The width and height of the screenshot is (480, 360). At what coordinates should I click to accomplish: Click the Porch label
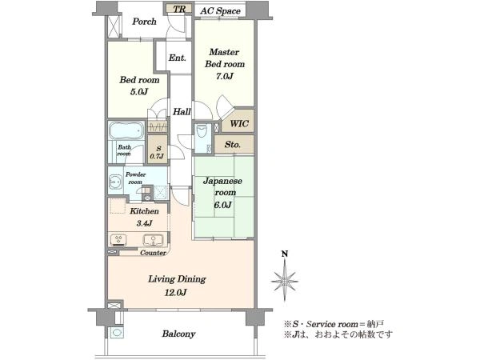pos(144,22)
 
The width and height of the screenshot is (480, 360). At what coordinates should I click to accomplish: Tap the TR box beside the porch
pos(179,8)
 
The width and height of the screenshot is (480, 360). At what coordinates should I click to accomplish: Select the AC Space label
pos(220,11)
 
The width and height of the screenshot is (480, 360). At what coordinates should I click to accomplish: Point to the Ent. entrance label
pos(178,58)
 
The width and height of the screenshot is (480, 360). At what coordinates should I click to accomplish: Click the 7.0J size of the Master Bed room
pos(224,76)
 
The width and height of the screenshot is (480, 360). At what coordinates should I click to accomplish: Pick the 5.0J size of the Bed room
pos(139,91)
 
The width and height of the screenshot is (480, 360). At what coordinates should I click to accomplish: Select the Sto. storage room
pos(234,145)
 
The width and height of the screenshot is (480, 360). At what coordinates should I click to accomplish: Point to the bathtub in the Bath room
pos(126,130)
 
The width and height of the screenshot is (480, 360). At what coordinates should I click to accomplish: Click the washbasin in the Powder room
pos(115,182)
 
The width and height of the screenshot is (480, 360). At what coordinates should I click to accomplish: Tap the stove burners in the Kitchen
pos(118,240)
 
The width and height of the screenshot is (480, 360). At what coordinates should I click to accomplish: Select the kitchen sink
pos(153,240)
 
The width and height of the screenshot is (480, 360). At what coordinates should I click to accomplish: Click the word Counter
pos(153,253)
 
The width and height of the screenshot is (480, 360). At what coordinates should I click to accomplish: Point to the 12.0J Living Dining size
pos(176,293)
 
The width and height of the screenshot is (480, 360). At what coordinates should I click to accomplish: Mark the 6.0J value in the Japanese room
pos(222,205)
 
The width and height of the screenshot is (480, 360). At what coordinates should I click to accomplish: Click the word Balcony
pos(178,334)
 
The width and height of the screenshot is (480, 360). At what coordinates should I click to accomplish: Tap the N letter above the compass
pos(285,254)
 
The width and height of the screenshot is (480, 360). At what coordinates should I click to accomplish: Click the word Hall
pos(182,112)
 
